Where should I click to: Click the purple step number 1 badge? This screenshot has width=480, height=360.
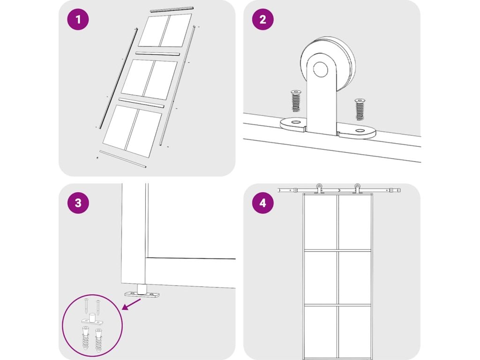click(x=78, y=19)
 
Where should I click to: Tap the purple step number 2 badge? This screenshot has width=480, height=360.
click(x=262, y=19)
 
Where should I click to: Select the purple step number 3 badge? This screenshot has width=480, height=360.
click(x=78, y=202)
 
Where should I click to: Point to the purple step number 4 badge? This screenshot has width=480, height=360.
click(x=262, y=202)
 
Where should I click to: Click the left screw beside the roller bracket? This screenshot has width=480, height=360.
click(x=296, y=101)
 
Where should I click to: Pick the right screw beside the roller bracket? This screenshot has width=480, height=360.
click(x=360, y=109)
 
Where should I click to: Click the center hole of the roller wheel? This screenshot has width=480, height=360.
click(x=321, y=70)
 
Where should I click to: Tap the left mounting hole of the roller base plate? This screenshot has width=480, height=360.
click(x=295, y=122)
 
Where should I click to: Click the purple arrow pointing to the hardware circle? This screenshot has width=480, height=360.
click(x=131, y=305)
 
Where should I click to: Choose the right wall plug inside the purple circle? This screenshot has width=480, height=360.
click(x=98, y=339)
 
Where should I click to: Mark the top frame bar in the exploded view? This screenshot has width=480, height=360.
click(x=172, y=8)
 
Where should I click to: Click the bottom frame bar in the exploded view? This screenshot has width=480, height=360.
click(x=123, y=159)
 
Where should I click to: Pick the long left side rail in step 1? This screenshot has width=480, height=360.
click(x=118, y=78)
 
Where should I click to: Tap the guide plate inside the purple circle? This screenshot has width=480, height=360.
click(x=92, y=320)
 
